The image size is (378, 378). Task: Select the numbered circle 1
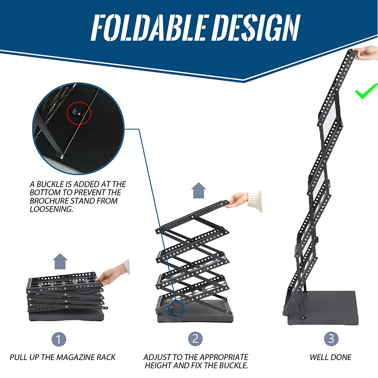point(59,339)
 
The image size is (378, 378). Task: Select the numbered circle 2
point(196,339)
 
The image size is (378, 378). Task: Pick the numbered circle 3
point(330,339)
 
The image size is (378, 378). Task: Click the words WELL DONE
point(330,357)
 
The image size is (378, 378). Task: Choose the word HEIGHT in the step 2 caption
point(158,366)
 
